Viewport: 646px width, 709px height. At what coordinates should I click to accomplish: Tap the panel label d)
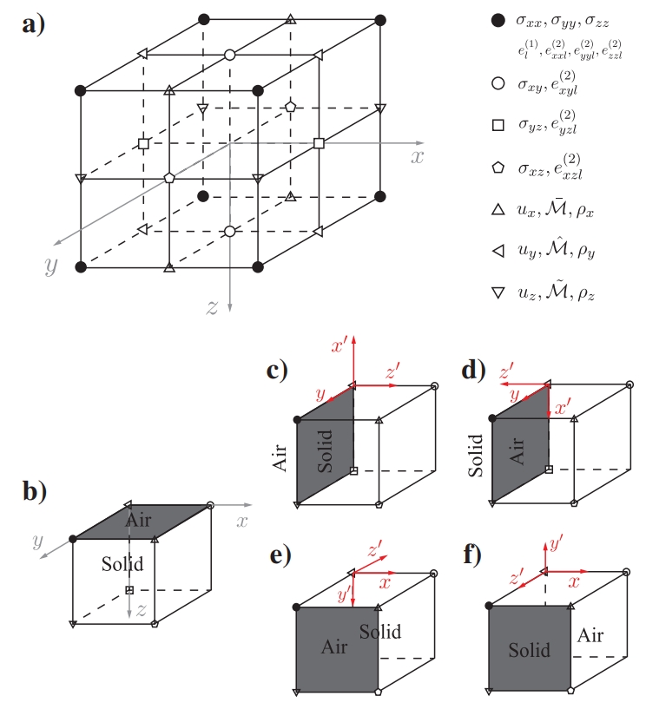476,371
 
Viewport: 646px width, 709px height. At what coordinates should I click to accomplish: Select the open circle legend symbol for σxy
498,84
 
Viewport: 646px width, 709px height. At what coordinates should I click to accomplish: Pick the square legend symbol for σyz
498,125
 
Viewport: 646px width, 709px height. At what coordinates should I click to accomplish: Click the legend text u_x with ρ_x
556,209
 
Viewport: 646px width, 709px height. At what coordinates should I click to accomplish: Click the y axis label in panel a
51,266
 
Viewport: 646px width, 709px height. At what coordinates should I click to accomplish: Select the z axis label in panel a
213,305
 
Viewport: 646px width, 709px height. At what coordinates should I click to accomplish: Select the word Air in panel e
335,647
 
